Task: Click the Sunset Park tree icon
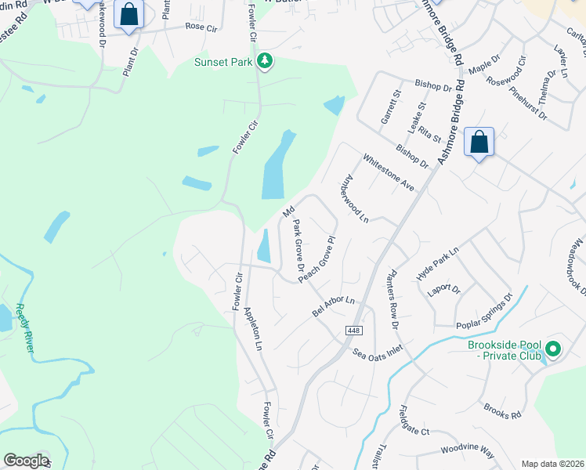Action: coord(266,60)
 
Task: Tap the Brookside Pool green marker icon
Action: coord(554,349)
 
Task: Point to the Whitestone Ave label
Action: coord(389,172)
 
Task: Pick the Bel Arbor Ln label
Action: coord(334,305)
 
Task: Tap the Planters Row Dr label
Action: coord(392,300)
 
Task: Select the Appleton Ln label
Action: coord(254,327)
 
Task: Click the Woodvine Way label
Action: coord(467,452)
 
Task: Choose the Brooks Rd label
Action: coord(502,411)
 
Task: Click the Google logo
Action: coord(26,461)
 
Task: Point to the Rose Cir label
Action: coord(201,27)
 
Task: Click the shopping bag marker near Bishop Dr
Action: coord(479,143)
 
